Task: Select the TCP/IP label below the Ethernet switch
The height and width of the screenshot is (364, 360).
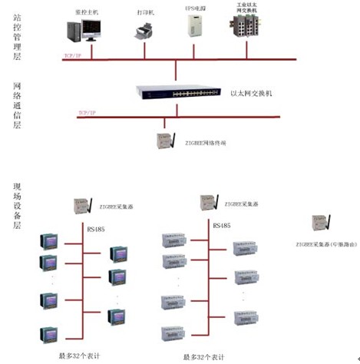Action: coord(88,113)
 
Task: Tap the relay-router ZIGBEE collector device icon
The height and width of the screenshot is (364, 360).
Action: coord(319,223)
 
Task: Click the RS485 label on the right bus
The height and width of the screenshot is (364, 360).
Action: coord(222,226)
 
